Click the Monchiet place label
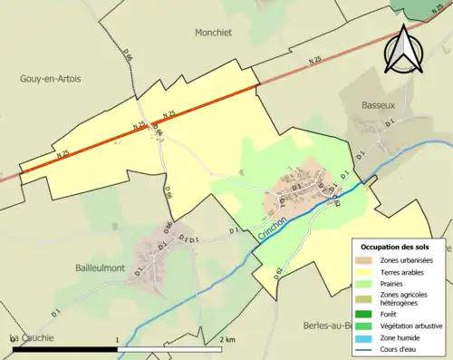click(214, 32)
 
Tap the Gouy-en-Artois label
click(50, 80)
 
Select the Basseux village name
click(372, 102)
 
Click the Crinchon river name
click(272, 223)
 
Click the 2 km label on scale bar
click(226, 339)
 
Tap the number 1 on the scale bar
click(118, 339)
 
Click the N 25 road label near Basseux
click(315, 61)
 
